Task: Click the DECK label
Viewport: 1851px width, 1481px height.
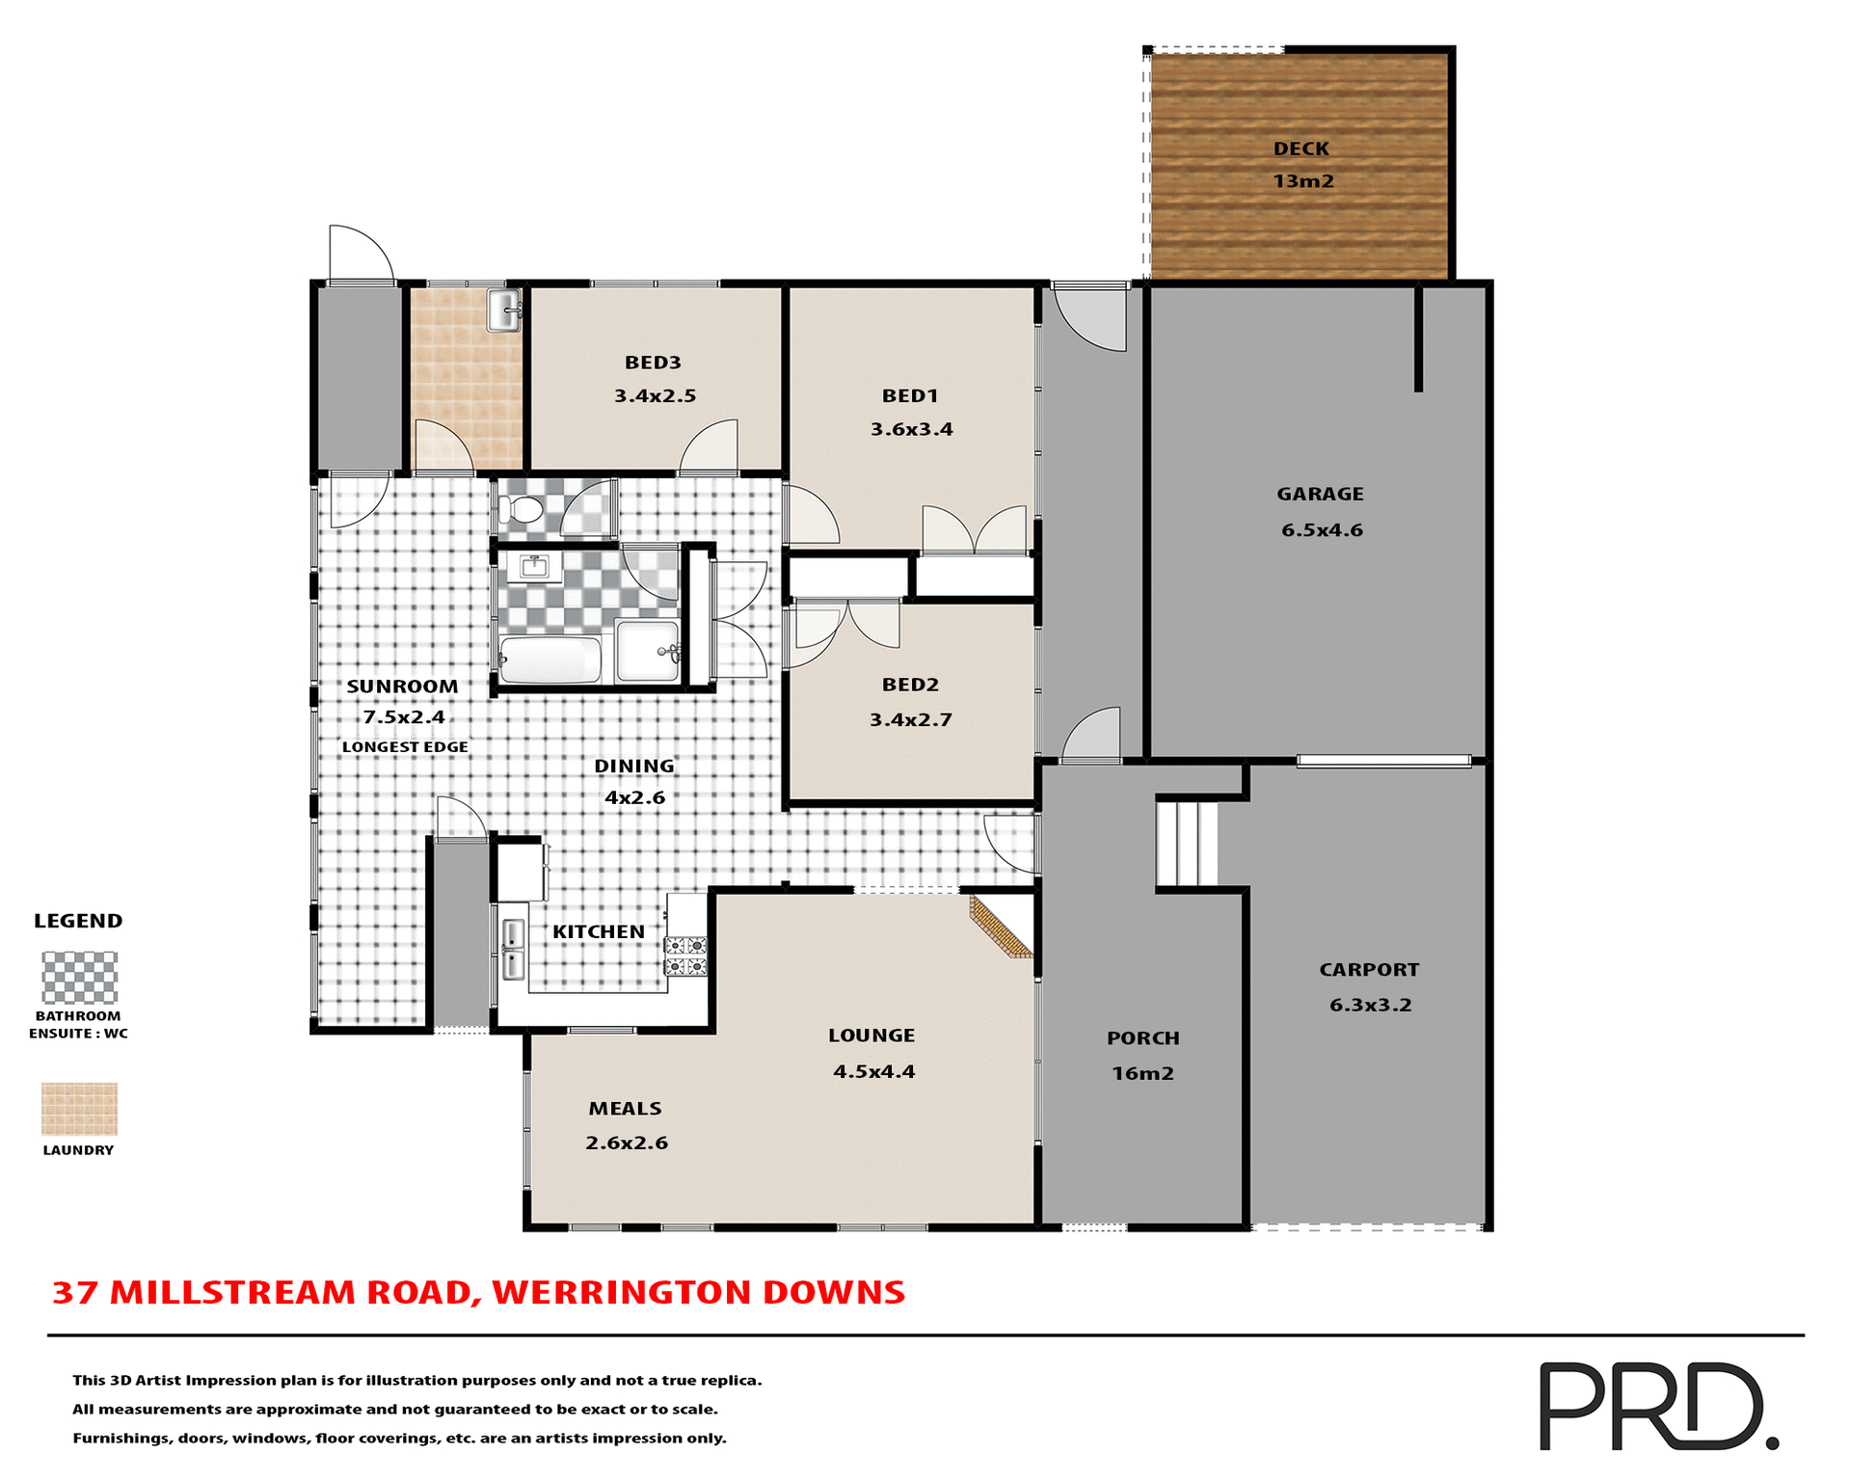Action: (1301, 149)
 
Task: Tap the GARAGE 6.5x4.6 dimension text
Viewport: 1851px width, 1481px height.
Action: (1322, 530)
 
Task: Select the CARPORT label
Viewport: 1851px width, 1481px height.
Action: (1369, 970)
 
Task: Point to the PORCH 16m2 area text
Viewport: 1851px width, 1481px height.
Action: (1142, 1074)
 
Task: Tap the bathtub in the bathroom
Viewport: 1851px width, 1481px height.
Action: (550, 660)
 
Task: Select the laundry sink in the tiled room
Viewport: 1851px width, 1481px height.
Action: (504, 310)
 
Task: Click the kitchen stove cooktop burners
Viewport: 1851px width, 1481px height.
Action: (685, 956)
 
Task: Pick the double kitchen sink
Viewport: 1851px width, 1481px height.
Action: (513, 949)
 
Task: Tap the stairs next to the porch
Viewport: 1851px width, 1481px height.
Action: (1187, 844)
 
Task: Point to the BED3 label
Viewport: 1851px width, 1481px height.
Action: (653, 363)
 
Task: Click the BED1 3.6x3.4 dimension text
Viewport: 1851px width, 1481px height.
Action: (911, 430)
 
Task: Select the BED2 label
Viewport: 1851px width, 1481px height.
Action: (910, 685)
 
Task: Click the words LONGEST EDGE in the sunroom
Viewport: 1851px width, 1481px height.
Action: (405, 747)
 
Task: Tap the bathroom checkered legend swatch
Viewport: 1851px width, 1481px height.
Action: (79, 978)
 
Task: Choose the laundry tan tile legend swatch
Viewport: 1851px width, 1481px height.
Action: (79, 1109)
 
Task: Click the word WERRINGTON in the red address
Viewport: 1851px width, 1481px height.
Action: (621, 1293)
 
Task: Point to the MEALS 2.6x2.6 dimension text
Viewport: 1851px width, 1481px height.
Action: (627, 1144)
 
